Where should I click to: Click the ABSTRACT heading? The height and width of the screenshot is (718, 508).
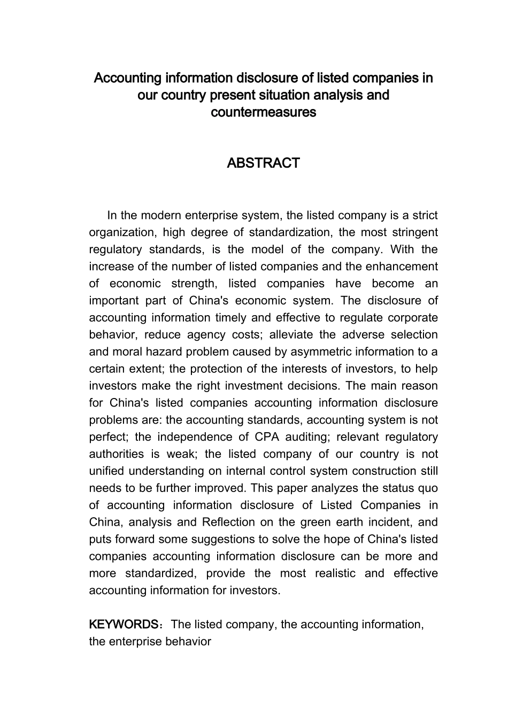263,163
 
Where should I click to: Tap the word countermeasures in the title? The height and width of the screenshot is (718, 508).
263,113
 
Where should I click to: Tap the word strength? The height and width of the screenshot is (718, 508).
191,284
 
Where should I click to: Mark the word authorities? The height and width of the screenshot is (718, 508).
116,454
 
